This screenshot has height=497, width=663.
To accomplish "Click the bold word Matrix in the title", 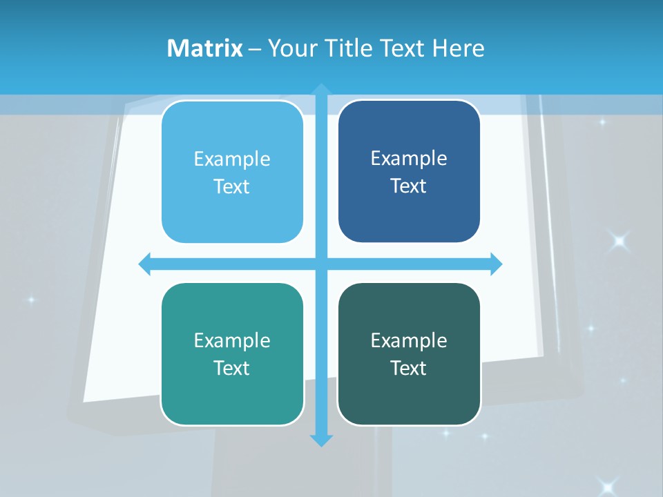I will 204,48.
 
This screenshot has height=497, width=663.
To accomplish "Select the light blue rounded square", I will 232,173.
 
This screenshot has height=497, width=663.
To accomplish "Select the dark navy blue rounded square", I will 409,172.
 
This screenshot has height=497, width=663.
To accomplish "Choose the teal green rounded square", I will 232,354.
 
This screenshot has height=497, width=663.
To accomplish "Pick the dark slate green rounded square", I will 409,354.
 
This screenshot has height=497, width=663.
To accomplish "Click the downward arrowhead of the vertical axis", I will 321,440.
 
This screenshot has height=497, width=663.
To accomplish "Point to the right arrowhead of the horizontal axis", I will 496,264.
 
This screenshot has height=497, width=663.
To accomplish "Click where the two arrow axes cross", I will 321,264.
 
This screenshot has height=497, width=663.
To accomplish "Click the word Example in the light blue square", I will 232,159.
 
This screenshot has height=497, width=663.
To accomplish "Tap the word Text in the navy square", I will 409,186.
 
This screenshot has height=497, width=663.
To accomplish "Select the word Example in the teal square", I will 232,340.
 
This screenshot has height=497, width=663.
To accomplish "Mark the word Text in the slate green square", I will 409,369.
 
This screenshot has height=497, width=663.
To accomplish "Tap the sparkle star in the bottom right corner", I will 608,485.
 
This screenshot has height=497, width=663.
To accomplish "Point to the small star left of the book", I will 30,300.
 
